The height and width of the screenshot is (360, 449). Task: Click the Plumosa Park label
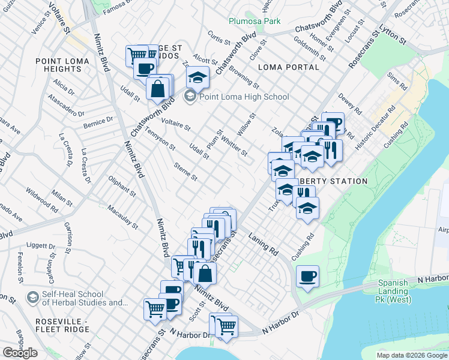(255, 21)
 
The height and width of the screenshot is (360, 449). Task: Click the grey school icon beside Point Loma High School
(190, 96)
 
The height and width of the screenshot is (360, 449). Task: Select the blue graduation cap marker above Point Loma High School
(197, 77)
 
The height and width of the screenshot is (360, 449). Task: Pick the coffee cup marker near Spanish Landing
(307, 276)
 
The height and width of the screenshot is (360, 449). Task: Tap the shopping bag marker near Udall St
(157, 89)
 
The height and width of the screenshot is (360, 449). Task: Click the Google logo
(20, 353)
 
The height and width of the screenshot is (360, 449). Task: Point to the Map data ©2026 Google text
(412, 355)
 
